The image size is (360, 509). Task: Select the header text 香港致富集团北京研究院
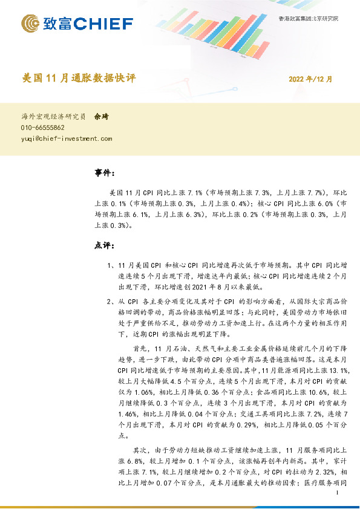(309, 19)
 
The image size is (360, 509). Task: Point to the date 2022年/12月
(310, 79)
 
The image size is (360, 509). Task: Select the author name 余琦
(101, 117)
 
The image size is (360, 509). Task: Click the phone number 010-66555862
(43, 128)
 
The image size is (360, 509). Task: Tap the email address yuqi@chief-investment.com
(67, 138)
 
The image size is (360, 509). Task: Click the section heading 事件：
(105, 173)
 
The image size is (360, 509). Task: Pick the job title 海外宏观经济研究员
(53, 117)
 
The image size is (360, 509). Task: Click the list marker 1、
(110, 265)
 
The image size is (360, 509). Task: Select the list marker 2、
(110, 301)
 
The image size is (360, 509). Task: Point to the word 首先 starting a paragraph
(139, 349)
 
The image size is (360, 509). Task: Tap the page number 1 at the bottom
(336, 494)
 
